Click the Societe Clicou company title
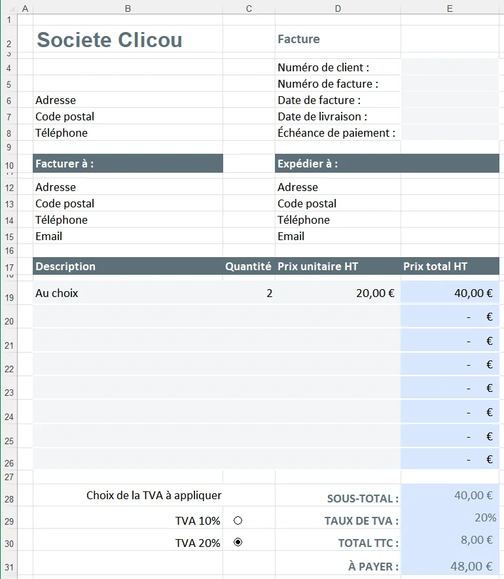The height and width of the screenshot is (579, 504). coord(109,40)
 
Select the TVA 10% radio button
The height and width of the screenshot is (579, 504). coord(238,521)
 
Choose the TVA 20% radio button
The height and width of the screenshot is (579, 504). coord(238,542)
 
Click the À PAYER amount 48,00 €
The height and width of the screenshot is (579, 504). coord(471,566)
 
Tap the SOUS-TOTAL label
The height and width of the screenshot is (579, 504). coord(363,499)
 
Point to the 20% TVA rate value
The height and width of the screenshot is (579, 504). coord(485,518)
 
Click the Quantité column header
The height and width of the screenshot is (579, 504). coord(248,266)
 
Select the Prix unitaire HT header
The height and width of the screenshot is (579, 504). coord(317,266)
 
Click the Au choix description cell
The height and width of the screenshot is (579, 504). coord(57,293)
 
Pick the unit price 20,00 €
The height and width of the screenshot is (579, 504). coord(375,293)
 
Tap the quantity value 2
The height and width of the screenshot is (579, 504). coord(269,293)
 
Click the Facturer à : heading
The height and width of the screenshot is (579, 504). coord(65,164)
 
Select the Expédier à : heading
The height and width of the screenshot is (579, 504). coord(308,164)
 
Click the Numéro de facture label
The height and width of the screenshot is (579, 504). coord(328,84)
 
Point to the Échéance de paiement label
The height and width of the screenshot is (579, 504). coord(336,133)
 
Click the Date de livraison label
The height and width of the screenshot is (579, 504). coord(322,116)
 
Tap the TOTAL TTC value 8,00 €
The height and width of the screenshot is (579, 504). coord(476,540)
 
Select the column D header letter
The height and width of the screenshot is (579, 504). coord(338,9)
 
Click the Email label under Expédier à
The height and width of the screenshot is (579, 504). coord(291,236)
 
